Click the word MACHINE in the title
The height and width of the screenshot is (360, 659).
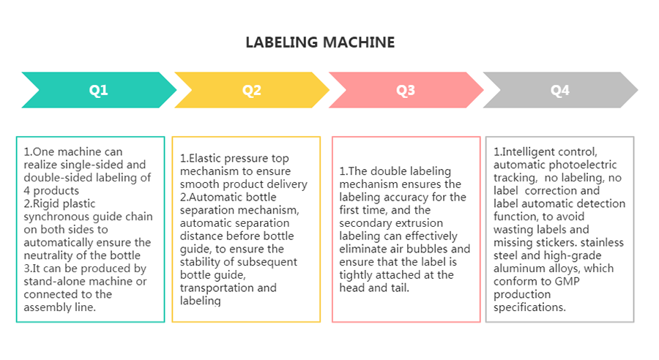pos(359,42)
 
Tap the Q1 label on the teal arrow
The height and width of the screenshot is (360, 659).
pos(98,90)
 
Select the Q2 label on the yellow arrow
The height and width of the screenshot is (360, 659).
pos(252,90)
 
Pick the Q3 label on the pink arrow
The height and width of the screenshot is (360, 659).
pos(406,90)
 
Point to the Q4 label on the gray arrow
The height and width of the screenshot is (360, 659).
pos(560,90)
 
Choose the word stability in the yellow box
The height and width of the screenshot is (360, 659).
pos(200,262)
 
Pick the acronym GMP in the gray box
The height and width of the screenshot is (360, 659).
pos(567,282)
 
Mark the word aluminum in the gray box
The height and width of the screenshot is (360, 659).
pos(515,269)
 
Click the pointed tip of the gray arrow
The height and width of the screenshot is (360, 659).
pos(638,90)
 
